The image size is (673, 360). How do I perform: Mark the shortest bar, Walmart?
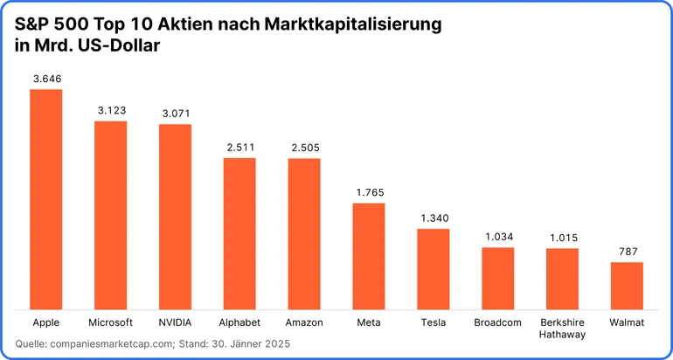(x=627, y=285)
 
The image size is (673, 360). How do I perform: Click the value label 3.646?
(x=46, y=79)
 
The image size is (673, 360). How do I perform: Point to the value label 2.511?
(x=239, y=148)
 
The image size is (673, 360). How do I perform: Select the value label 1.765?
(x=369, y=192)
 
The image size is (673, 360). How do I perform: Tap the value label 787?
(x=627, y=252)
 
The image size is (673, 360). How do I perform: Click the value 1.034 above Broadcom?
(x=497, y=237)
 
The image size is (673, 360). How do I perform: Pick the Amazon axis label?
(x=304, y=322)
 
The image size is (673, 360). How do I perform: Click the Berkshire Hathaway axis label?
(x=562, y=328)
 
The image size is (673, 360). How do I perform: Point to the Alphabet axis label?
(x=239, y=322)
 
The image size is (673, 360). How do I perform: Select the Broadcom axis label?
(x=497, y=322)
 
